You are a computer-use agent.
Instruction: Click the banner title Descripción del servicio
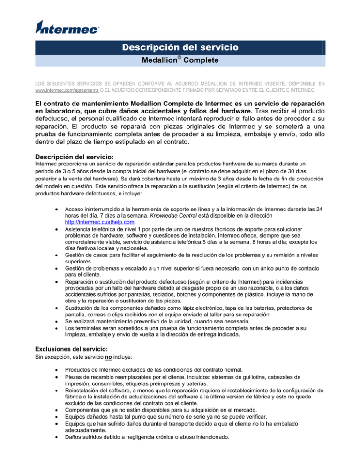pos(180,47)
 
